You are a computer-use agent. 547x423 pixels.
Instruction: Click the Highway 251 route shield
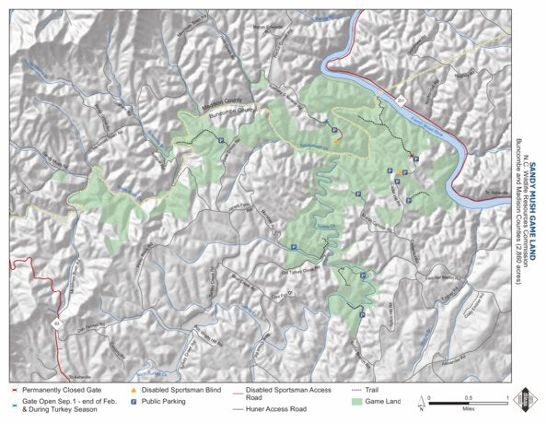tap(391, 96)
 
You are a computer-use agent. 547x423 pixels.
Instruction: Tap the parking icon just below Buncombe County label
tap(225, 136)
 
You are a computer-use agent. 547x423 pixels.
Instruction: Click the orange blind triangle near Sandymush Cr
tap(337, 142)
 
